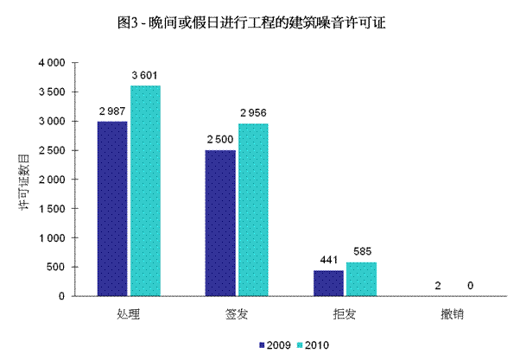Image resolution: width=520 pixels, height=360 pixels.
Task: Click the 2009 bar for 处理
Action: [112, 209]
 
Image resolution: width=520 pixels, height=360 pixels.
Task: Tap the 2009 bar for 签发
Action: [220, 223]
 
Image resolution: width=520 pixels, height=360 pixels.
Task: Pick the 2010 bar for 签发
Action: [252, 210]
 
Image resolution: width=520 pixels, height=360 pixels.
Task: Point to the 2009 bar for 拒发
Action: [328, 283]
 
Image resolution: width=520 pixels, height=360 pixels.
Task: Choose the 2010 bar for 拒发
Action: [360, 279]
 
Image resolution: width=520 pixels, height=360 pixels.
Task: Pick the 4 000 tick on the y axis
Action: [51, 63]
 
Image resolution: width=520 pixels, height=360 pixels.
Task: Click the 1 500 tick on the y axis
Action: [51, 209]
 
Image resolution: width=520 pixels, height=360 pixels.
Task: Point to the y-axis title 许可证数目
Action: [25, 180]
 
